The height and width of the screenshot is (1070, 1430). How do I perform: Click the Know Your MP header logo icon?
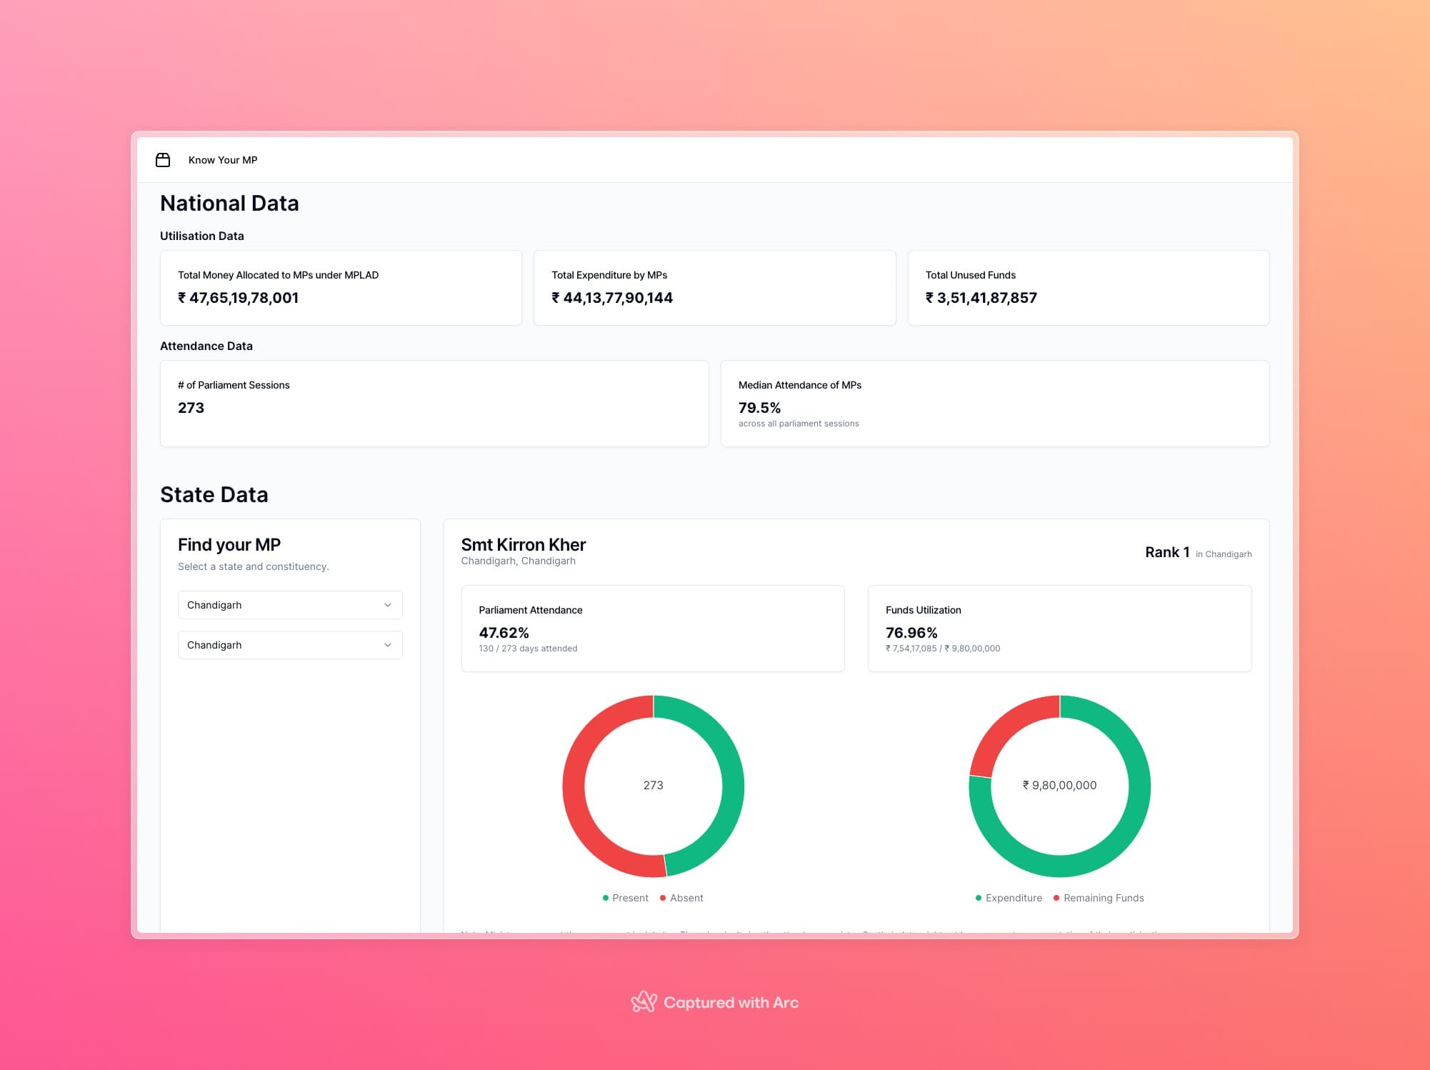click(163, 160)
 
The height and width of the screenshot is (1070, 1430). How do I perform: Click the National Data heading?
click(229, 204)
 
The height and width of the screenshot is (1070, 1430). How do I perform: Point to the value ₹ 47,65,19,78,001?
click(238, 298)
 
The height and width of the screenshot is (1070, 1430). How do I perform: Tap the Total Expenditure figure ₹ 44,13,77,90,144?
click(612, 298)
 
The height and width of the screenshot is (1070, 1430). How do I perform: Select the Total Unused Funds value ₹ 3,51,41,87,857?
click(981, 298)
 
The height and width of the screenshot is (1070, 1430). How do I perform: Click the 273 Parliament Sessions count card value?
click(191, 408)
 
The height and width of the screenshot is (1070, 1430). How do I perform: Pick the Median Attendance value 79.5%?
click(759, 408)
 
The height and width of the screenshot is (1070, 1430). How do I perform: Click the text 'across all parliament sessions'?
click(799, 424)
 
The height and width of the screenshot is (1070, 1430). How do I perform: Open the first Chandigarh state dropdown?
click(290, 605)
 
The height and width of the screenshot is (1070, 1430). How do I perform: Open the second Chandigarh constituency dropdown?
click(290, 645)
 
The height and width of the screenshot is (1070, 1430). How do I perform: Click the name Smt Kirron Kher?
click(523, 545)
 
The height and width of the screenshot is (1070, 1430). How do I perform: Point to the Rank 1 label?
click(1166, 552)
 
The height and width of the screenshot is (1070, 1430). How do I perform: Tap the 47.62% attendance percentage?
click(504, 633)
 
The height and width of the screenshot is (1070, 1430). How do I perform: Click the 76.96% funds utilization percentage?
click(911, 633)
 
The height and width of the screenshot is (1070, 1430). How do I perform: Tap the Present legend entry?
click(626, 898)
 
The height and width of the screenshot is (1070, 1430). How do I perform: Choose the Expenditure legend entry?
click(1009, 898)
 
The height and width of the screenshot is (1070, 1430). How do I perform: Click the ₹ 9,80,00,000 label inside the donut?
click(1059, 785)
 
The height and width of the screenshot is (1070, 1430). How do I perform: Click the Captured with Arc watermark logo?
click(644, 1001)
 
